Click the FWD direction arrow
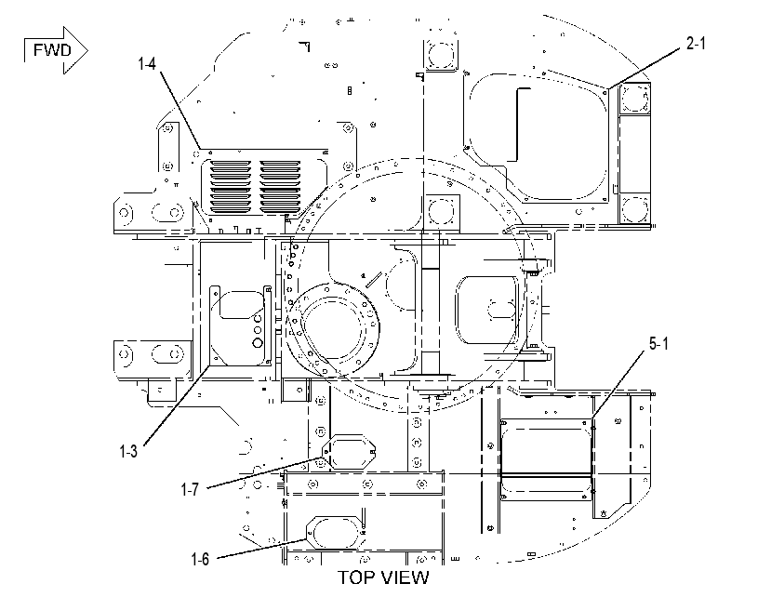click(56, 50)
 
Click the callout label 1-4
click(147, 64)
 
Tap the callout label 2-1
click(696, 44)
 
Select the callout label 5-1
click(658, 344)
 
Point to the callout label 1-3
click(128, 451)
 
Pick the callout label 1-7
click(190, 489)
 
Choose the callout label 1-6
click(200, 559)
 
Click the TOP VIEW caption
click(383, 577)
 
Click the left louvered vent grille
click(230, 184)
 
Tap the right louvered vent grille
click(280, 184)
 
